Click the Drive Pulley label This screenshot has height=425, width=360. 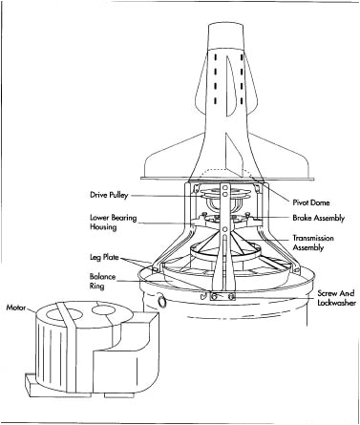tap(109, 195)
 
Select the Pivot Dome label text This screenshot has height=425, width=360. tap(311, 202)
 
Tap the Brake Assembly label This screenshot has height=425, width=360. tap(319, 219)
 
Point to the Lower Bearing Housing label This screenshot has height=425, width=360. tap(113, 223)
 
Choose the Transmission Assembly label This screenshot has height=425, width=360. tap(313, 243)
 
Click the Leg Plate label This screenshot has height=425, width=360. tap(104, 257)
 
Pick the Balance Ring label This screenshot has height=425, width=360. tap(102, 282)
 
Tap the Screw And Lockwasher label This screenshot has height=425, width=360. tap(336, 298)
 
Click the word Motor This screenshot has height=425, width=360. tap(16, 308)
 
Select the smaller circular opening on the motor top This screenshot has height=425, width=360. tap(103, 309)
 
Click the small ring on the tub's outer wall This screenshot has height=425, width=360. tap(162, 301)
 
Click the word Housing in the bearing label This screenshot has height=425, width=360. tap(103, 227)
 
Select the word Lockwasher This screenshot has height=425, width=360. tap(336, 303)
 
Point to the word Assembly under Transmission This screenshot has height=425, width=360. tap(307, 247)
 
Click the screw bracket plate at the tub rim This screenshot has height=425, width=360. tap(222, 296)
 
